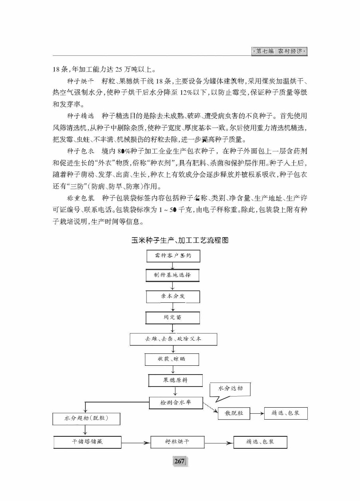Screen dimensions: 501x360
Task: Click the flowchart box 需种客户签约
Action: click(x=173, y=256)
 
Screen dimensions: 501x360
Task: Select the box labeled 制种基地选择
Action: click(x=173, y=275)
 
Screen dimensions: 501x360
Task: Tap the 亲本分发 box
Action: click(x=173, y=297)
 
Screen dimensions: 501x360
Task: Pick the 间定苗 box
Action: click(x=173, y=318)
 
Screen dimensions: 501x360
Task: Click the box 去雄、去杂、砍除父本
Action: click(x=173, y=339)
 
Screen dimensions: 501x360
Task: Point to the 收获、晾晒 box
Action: click(x=171, y=359)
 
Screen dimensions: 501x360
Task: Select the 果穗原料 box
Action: click(x=175, y=381)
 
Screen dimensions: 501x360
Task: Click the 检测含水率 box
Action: click(x=176, y=402)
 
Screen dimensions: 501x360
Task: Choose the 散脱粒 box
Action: click(x=234, y=413)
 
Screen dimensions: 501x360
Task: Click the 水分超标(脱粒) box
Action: click(x=86, y=418)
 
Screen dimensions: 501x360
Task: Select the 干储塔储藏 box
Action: click(x=87, y=442)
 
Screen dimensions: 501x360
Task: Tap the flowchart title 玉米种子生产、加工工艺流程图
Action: click(x=180, y=240)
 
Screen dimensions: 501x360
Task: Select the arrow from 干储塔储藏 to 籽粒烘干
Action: click(x=136, y=442)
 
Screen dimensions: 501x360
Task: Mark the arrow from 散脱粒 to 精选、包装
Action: click(x=257, y=414)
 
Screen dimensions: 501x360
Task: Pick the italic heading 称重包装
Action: click(x=80, y=198)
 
